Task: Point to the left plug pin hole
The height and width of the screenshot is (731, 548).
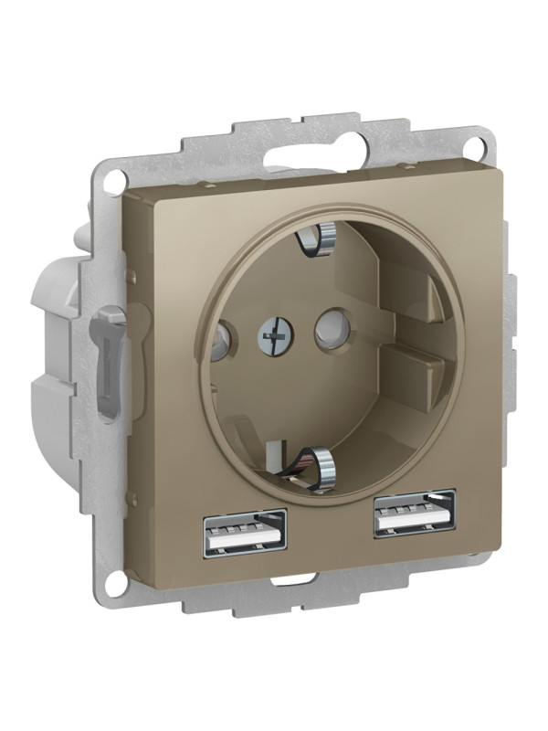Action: click(219, 343)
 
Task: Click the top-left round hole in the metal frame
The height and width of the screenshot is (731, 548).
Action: click(114, 180)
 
